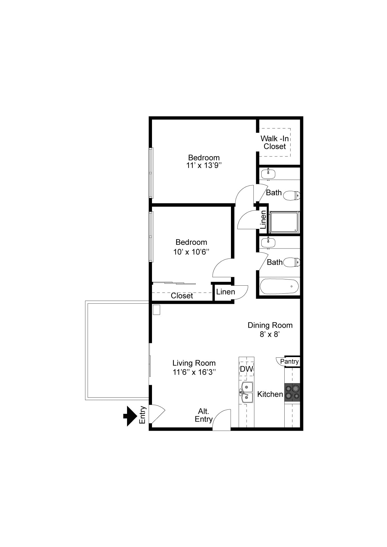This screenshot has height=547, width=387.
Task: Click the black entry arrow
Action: (x=130, y=416)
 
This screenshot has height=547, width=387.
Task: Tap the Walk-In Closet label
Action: (x=275, y=142)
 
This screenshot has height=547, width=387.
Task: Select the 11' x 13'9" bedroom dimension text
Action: (x=204, y=166)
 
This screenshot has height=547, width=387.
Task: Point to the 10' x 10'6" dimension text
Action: (x=191, y=252)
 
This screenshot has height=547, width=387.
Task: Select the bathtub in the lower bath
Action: (x=279, y=286)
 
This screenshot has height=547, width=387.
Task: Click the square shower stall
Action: (x=284, y=222)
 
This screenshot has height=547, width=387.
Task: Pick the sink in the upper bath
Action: (x=268, y=173)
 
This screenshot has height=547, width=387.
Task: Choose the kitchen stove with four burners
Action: (x=292, y=392)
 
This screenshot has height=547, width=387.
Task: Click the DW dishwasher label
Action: (x=246, y=369)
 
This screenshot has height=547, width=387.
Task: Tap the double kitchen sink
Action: (x=246, y=392)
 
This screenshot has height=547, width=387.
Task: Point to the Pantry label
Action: (x=289, y=361)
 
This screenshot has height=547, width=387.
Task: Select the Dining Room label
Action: (x=270, y=325)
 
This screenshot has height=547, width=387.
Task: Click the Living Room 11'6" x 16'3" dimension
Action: (x=194, y=372)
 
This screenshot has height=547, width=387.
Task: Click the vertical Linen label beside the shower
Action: (x=263, y=219)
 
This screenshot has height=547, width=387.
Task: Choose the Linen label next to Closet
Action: (x=225, y=292)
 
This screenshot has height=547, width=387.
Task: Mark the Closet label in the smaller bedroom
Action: (x=182, y=296)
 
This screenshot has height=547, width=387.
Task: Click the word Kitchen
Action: (x=270, y=394)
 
